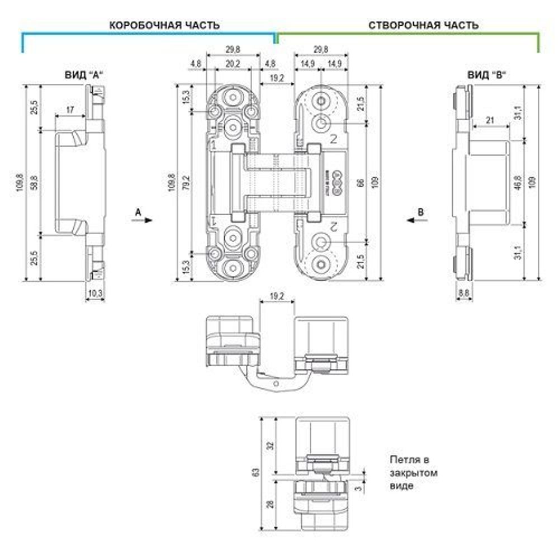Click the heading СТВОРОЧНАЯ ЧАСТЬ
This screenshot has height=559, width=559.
point(423,25)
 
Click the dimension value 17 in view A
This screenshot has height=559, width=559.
point(70,110)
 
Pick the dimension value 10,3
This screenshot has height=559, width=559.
point(95,292)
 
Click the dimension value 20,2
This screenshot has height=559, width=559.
point(233,64)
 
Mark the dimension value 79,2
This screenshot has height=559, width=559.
point(186,183)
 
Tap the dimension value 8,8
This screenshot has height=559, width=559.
point(463,292)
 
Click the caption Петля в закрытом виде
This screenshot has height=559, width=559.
point(414,473)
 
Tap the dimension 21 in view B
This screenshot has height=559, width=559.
point(490,120)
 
